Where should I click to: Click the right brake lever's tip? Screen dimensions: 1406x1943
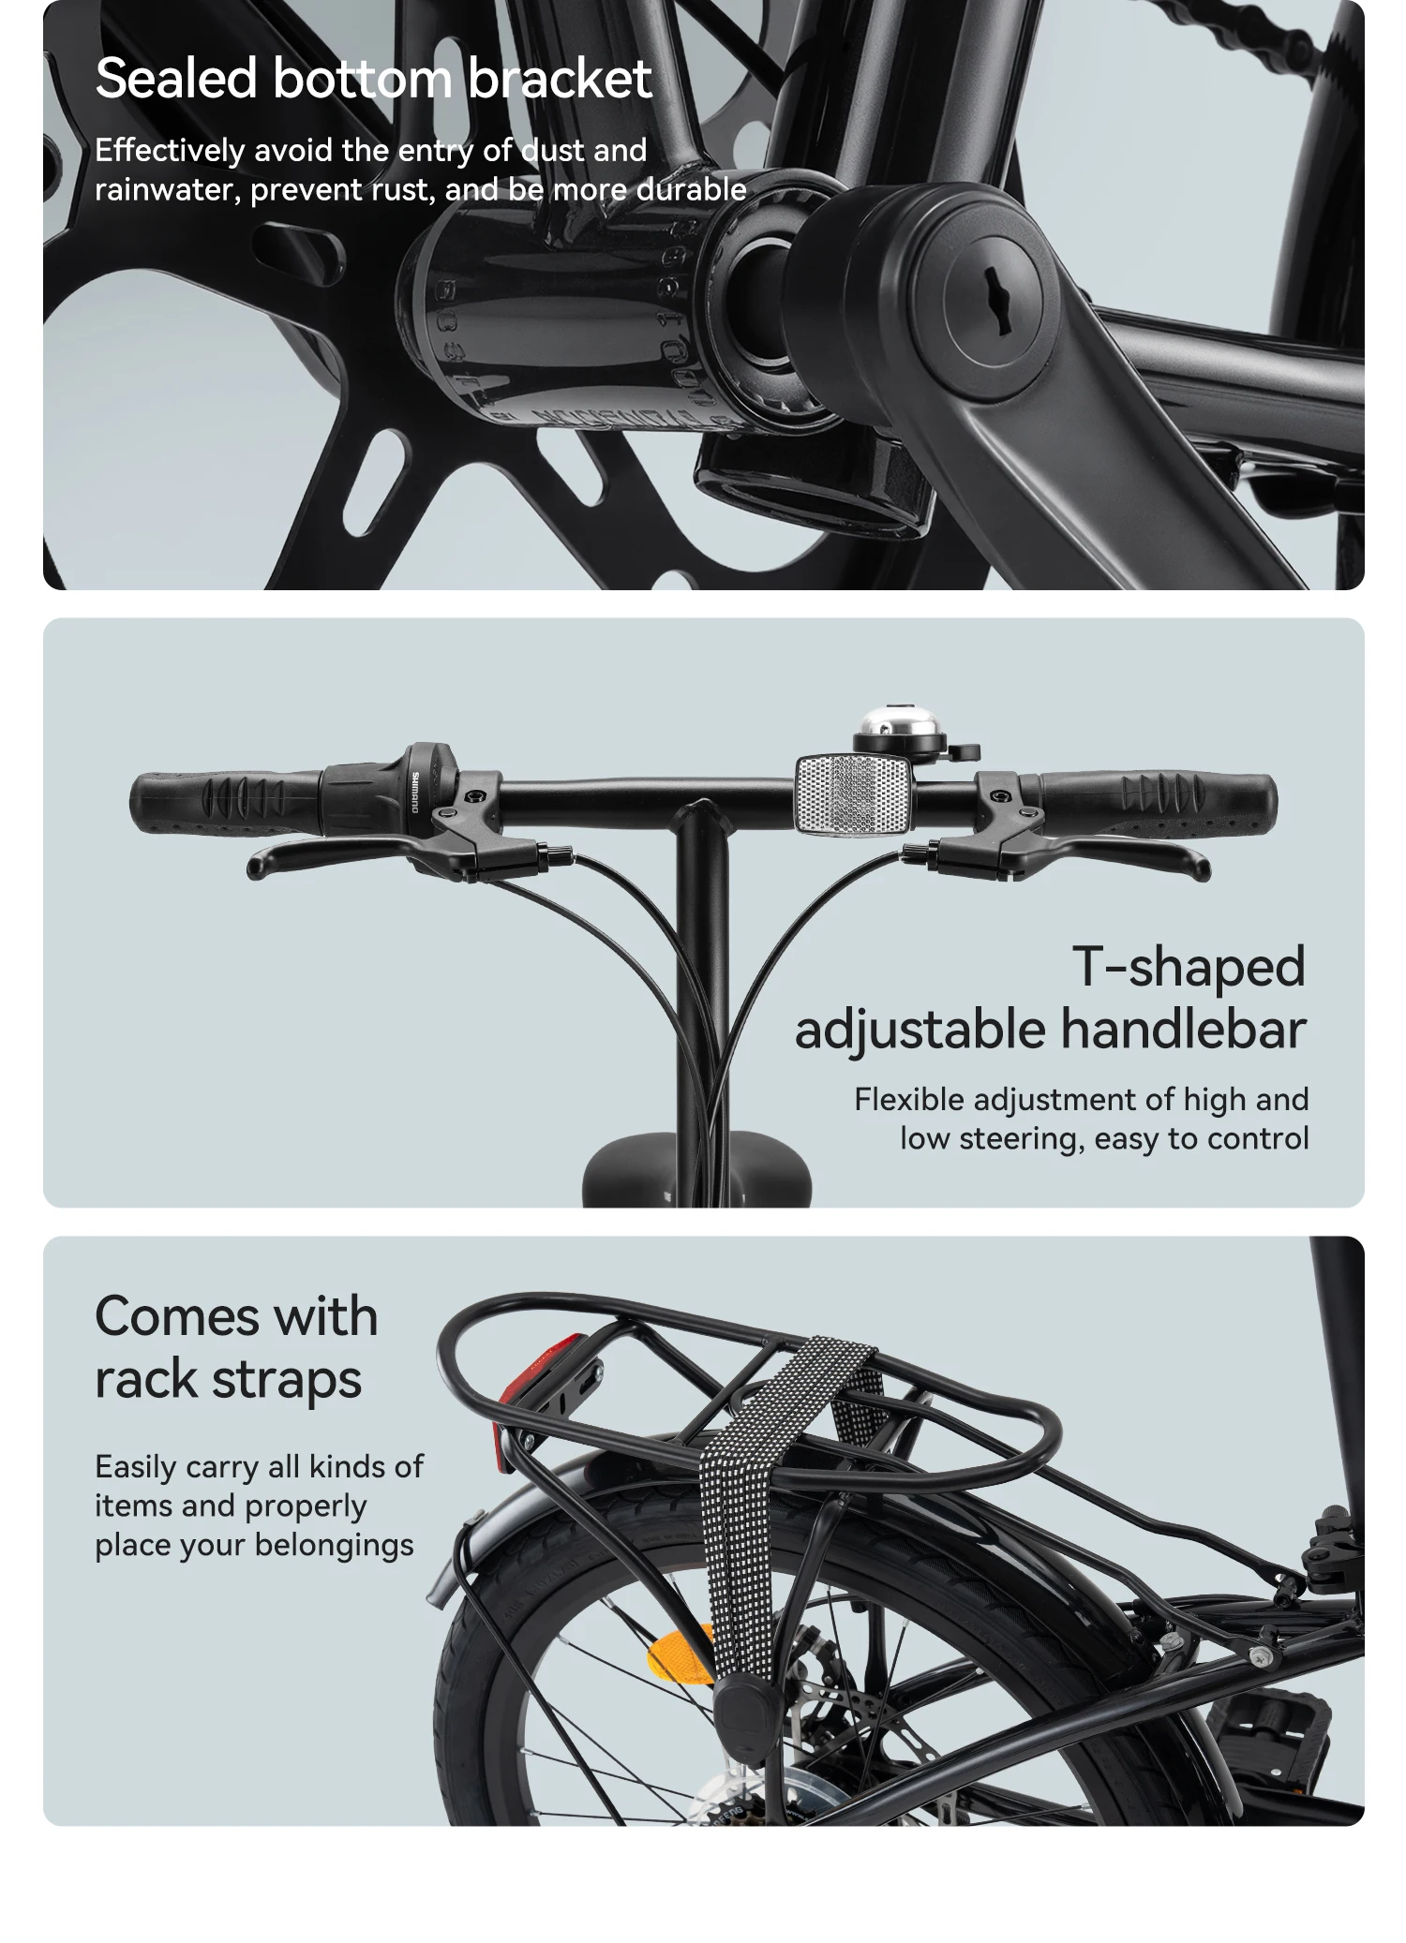[x=1203, y=865]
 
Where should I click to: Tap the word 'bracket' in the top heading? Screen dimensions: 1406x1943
[x=559, y=79]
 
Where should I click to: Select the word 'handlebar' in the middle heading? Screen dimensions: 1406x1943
[x=1183, y=1029]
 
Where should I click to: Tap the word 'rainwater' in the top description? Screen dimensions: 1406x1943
[x=168, y=190]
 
